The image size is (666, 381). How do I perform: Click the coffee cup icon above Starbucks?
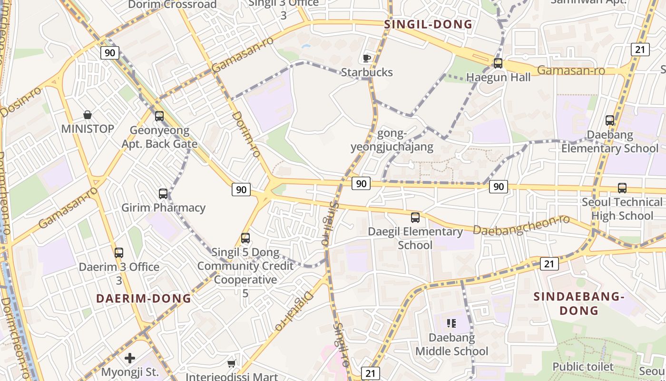click(366, 59)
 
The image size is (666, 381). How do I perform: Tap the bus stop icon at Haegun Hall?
click(498, 63)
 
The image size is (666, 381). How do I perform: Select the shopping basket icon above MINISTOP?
click(88, 115)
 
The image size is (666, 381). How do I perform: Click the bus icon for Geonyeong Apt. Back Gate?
click(159, 116)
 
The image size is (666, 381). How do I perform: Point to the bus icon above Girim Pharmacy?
click(163, 194)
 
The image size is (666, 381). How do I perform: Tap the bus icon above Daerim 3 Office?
click(119, 253)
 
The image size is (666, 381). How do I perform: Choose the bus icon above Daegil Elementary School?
click(415, 218)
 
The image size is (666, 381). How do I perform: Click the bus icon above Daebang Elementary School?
click(610, 120)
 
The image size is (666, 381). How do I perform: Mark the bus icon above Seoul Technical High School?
click(622, 188)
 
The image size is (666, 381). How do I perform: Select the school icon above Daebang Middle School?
click(451, 324)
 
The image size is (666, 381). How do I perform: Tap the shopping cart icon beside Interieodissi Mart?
click(231, 364)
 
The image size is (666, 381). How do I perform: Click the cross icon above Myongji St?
click(130, 358)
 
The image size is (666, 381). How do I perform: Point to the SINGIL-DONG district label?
click(428, 25)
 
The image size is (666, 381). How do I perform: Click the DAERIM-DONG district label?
click(144, 299)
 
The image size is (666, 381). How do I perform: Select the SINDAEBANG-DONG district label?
click(578, 303)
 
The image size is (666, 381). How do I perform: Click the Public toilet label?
click(583, 367)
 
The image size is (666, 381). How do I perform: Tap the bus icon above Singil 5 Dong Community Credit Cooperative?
click(245, 238)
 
